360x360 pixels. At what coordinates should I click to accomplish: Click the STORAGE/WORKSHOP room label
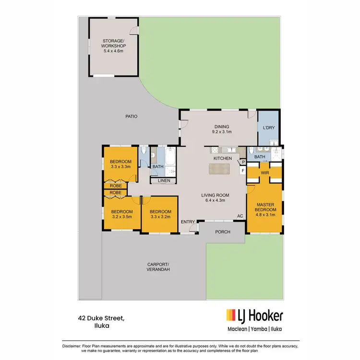(113, 45)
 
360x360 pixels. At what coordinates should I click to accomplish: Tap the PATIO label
(132, 116)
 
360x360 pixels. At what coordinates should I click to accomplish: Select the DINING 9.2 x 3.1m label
(222, 129)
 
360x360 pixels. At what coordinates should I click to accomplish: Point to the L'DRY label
(269, 128)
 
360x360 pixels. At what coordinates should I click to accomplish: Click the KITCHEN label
(223, 158)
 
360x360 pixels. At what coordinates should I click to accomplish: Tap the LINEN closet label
(163, 180)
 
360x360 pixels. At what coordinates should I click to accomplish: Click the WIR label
(264, 172)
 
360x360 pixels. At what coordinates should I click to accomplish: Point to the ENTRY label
(188, 222)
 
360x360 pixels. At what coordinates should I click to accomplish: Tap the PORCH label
(223, 232)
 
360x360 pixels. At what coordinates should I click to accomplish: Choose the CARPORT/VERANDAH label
(159, 267)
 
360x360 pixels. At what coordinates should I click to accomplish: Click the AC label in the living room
(240, 216)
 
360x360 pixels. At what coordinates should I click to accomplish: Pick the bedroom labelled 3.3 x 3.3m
(120, 164)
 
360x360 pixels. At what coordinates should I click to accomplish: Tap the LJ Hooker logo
(254, 316)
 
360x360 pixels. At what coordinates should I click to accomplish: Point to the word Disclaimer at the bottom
(73, 346)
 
